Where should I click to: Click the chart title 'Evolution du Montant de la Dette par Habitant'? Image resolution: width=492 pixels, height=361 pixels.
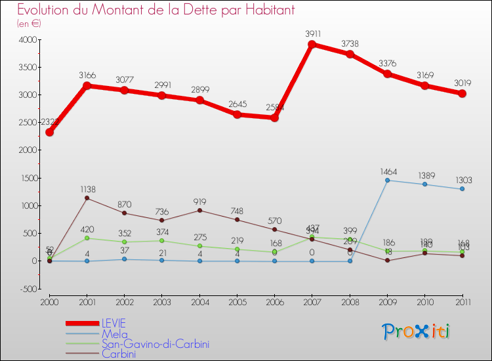155,10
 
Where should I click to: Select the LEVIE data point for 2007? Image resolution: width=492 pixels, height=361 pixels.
312,45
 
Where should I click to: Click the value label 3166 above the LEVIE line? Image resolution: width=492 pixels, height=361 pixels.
87,75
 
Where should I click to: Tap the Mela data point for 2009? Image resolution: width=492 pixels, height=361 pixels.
388,180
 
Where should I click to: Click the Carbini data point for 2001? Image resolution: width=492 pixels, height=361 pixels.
87,198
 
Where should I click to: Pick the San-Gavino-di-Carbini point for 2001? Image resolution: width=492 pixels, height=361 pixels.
87,238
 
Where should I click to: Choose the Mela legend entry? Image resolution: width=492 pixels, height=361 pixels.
114,333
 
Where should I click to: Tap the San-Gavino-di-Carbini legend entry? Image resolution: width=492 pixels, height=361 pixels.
155,344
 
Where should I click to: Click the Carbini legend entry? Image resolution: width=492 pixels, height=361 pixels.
119,354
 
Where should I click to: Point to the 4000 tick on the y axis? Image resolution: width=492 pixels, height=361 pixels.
27,40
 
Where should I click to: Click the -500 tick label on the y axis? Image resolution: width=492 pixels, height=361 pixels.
26,289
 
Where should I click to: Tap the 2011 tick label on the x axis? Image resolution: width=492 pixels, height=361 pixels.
462,301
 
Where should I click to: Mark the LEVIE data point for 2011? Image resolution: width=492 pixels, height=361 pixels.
462,94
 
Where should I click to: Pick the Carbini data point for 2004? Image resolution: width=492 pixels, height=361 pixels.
199,210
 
